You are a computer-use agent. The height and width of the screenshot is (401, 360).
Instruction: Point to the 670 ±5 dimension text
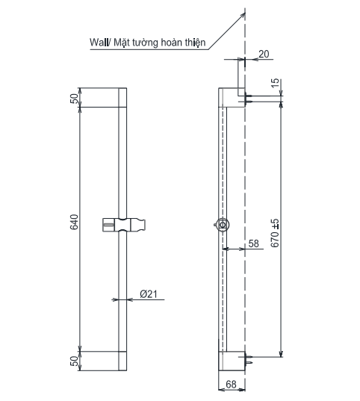276,233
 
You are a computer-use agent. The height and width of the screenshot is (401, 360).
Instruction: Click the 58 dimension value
252,243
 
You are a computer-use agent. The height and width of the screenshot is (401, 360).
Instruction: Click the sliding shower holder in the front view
124,223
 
